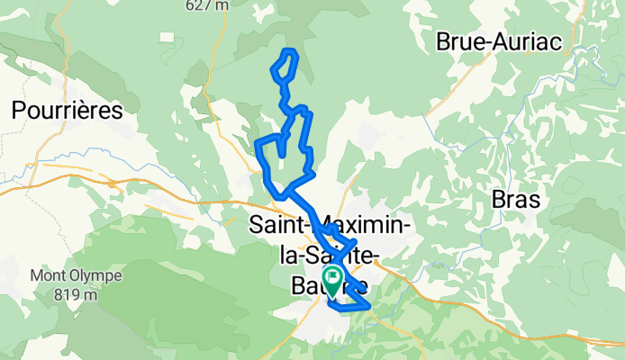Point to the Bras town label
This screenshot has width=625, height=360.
516,200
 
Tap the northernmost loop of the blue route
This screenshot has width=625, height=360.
285,65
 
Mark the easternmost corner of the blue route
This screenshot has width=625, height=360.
370,308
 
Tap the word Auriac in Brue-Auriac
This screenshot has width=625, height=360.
529,41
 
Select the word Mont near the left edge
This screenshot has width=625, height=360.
50,275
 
